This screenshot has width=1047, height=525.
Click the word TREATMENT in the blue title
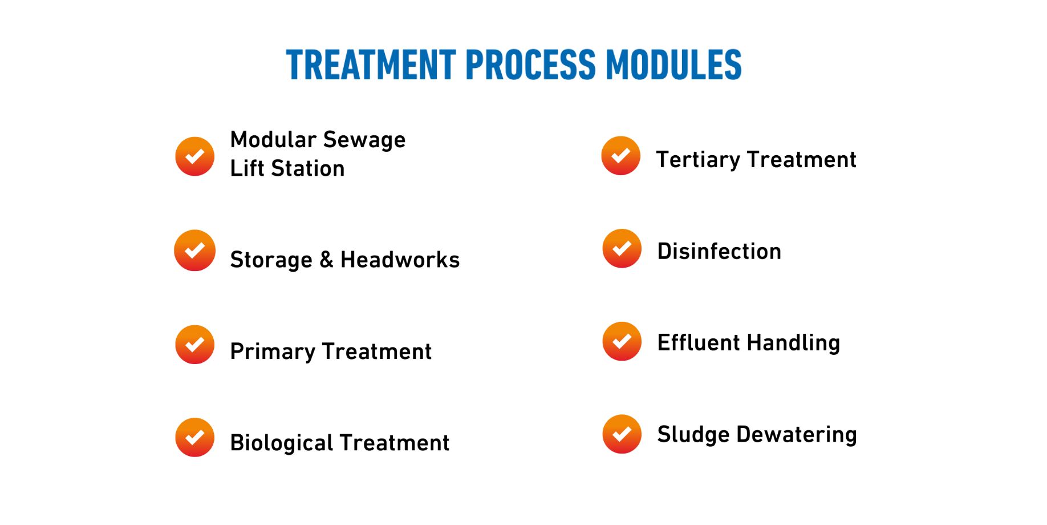tap(371, 64)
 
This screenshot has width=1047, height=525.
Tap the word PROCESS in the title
tap(531, 64)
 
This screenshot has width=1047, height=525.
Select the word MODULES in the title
tap(673, 64)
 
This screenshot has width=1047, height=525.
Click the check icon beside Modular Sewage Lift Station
tap(194, 156)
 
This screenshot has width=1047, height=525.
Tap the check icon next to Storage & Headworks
tap(194, 251)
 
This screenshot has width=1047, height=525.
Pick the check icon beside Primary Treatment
tap(194, 345)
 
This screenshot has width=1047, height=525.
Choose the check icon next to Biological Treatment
tap(194, 437)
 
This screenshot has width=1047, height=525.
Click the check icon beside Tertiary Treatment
tap(621, 156)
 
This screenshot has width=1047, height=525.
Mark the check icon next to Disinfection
tap(622, 248)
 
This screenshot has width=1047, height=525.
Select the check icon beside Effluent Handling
tap(622, 341)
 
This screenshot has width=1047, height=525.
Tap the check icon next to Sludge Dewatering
tap(622, 434)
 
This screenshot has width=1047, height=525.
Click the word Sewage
tap(364, 140)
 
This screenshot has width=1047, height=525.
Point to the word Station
tap(308, 168)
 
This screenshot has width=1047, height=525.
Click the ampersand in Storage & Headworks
tap(326, 260)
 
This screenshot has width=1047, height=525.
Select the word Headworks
tap(400, 260)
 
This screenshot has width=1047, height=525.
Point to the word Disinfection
tap(719, 251)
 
